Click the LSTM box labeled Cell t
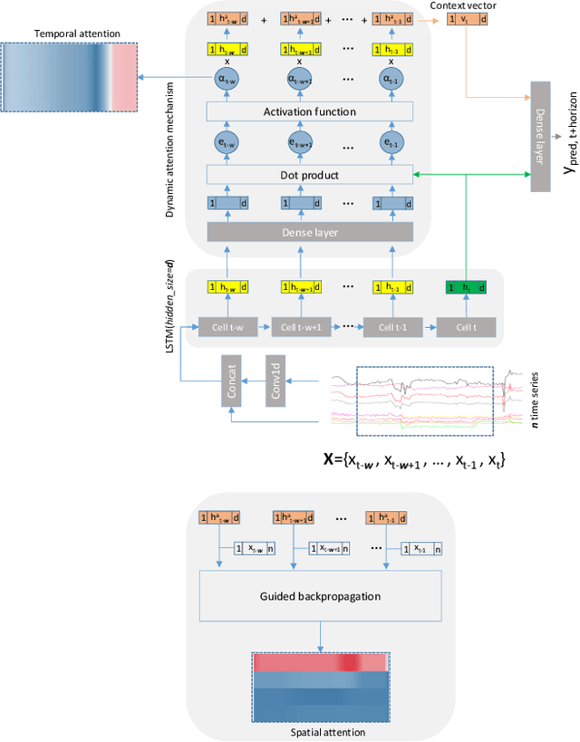466,326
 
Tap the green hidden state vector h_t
466,287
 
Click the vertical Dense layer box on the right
541,123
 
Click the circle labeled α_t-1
391,79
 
